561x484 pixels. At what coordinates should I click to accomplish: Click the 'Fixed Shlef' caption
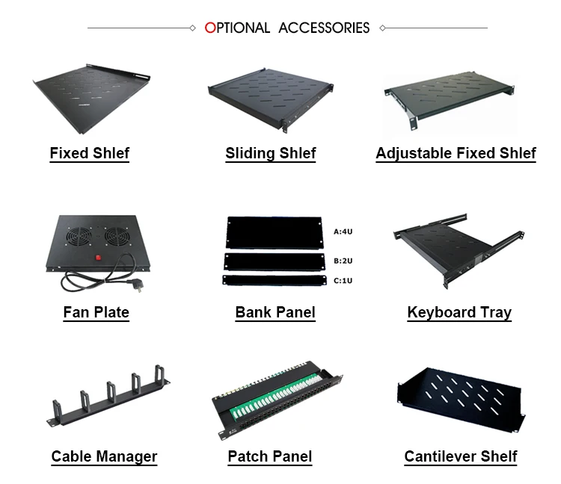click(89, 154)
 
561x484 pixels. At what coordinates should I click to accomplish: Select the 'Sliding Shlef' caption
click(270, 154)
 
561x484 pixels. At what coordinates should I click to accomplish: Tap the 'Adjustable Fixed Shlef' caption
click(456, 154)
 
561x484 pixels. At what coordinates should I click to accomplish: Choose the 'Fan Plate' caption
click(96, 312)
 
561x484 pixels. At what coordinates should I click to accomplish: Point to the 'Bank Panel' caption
click(275, 312)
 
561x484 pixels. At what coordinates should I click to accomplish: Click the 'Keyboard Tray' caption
click(459, 312)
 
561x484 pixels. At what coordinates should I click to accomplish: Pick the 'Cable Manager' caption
click(104, 456)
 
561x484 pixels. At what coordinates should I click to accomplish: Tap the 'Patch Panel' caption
click(269, 456)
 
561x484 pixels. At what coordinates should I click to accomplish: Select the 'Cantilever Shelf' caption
click(460, 456)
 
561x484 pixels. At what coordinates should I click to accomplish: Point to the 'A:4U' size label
click(343, 232)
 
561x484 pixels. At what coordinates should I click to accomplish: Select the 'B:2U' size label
click(343, 261)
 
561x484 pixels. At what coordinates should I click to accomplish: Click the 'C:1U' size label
click(343, 281)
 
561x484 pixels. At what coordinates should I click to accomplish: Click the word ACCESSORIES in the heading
click(324, 28)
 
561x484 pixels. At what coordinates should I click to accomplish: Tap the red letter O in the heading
click(210, 28)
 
